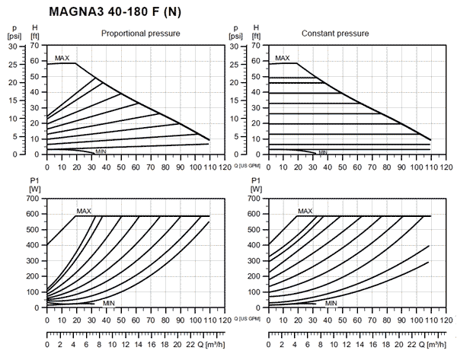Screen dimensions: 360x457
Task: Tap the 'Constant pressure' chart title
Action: [x=335, y=33]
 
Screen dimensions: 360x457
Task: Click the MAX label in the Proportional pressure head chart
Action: [x=62, y=58]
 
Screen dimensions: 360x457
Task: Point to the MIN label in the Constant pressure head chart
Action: [x=323, y=152]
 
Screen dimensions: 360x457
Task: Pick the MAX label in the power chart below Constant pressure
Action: [x=305, y=211]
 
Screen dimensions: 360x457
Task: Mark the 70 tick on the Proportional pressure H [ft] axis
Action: [x=34, y=46]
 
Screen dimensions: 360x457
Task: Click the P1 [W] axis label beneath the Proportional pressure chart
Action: [x=35, y=183]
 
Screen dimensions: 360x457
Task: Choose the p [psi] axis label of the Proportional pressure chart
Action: [x=14, y=31]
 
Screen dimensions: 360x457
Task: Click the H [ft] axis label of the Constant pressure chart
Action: [x=257, y=31]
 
